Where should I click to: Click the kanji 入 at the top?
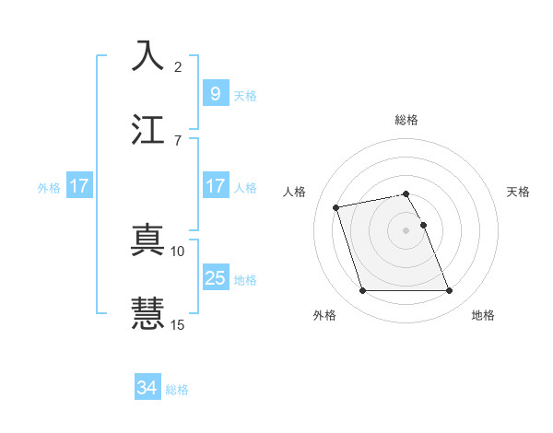(148, 56)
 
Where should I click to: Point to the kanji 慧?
(148, 311)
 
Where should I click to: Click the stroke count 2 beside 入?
(178, 68)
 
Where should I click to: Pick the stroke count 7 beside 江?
(178, 140)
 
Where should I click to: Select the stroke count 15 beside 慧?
(178, 323)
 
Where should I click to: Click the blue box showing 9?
(215, 94)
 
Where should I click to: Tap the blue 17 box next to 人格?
(215, 186)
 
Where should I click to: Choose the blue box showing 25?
(215, 278)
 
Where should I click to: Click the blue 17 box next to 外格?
(79, 186)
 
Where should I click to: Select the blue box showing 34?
(147, 388)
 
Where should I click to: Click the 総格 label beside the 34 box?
(177, 390)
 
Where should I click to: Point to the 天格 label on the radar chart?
(519, 192)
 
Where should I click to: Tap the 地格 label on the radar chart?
(483, 315)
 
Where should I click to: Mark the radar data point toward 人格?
(337, 206)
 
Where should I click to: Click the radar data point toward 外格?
(363, 291)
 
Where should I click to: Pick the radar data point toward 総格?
(406, 193)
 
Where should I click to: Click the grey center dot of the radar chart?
(406, 229)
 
